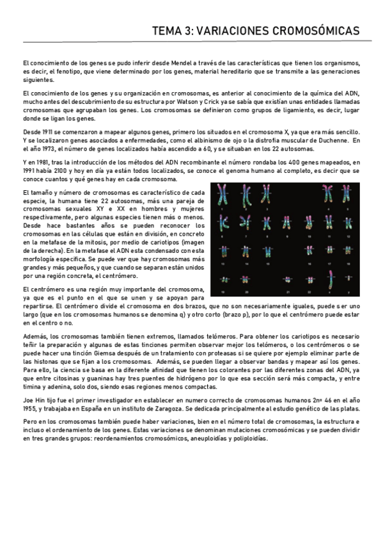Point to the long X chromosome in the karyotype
(x=330, y=279)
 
